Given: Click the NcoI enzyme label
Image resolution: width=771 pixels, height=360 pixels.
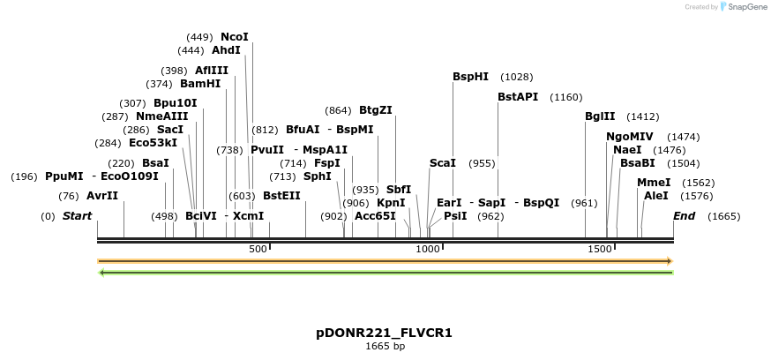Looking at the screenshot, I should (x=235, y=37).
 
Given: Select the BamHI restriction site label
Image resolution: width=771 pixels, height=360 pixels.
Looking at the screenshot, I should (x=200, y=84).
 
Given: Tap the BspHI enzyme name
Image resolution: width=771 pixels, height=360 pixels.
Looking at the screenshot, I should (x=470, y=77).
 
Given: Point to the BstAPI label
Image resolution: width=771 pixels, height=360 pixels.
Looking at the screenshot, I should (x=518, y=97).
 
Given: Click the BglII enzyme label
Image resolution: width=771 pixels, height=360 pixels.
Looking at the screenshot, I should (x=600, y=116).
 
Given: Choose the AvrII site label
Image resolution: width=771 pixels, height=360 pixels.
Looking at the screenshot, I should (x=102, y=196).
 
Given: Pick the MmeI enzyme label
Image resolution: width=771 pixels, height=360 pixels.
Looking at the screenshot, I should (x=654, y=183).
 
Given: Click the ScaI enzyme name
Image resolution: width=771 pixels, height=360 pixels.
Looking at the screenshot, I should (x=443, y=163).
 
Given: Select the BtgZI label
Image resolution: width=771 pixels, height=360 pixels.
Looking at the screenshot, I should (x=376, y=110).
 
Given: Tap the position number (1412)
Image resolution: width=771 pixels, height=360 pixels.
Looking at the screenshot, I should (x=643, y=116).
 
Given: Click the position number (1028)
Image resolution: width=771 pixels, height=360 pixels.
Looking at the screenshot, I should (x=517, y=77).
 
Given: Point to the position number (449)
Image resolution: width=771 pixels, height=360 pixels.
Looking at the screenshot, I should (x=200, y=37).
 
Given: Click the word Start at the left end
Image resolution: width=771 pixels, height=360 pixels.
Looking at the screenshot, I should (x=78, y=216).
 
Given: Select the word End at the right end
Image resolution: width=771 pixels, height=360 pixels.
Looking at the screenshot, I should (x=684, y=216).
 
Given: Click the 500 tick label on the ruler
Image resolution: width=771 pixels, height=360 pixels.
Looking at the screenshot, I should (x=258, y=250).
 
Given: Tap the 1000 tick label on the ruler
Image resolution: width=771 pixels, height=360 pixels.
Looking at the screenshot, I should (x=428, y=250).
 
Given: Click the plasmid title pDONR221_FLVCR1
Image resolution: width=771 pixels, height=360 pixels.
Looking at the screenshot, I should (x=385, y=334).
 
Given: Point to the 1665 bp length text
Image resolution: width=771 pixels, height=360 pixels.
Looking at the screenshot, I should (x=385, y=347).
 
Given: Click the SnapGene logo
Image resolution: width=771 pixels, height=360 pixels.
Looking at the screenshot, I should (x=744, y=7).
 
